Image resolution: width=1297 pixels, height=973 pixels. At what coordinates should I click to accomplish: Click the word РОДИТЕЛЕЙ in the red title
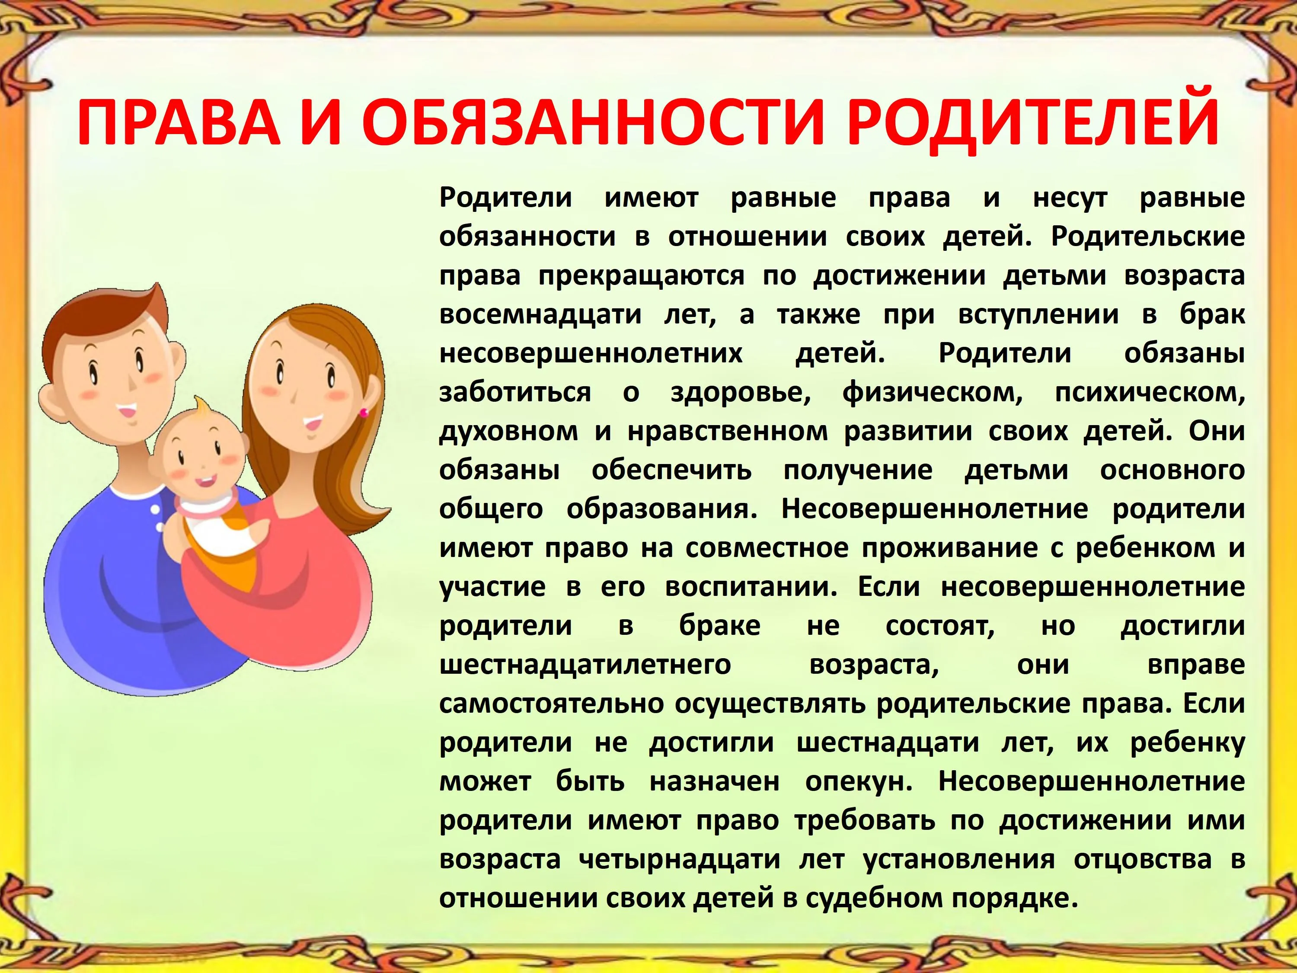(x=1032, y=125)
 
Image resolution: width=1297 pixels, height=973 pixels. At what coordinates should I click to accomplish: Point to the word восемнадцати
(x=540, y=315)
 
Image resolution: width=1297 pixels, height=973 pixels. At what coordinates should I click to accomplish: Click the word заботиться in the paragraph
(x=515, y=392)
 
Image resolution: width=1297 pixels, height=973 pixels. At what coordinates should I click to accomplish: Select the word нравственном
(x=728, y=432)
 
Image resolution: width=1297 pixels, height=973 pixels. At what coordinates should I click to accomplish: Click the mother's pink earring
(x=364, y=413)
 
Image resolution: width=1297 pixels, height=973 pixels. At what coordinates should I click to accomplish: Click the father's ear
(x=51, y=399)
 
